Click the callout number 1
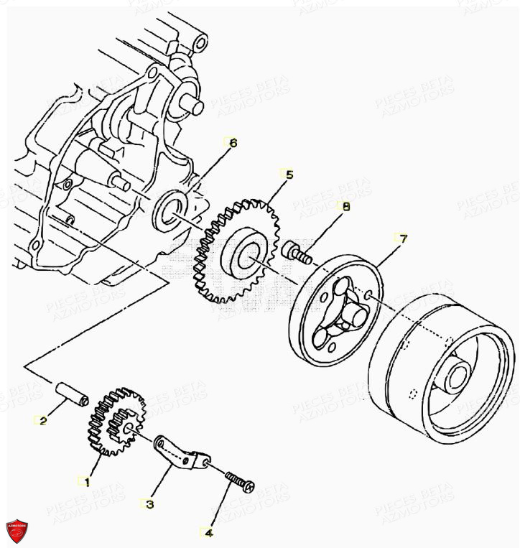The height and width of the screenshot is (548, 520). [86, 483]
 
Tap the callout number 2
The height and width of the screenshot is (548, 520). [43, 421]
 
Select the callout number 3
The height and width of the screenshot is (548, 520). [149, 505]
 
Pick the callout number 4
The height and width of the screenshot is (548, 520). [208, 533]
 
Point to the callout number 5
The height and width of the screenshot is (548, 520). [289, 175]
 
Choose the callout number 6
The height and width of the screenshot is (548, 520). [232, 142]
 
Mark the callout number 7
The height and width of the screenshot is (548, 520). [403, 238]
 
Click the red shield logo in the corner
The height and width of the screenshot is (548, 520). [16, 530]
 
